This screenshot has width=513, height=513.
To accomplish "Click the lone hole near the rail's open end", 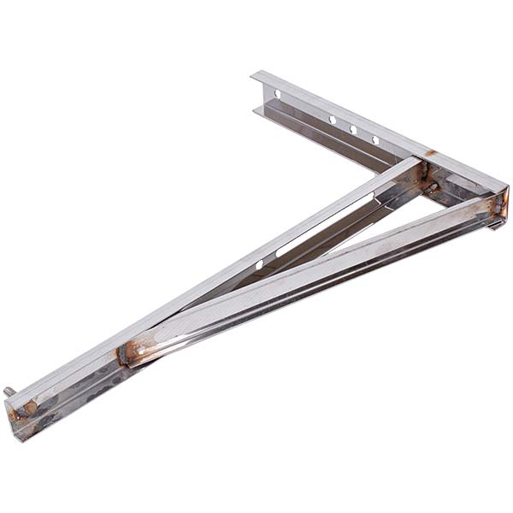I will tap(277, 93).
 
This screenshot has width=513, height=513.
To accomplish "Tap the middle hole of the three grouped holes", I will tap(353, 130).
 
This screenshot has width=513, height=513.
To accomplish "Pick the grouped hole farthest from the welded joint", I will tap(332, 120).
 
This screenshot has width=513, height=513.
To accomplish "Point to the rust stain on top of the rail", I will tap(430, 154).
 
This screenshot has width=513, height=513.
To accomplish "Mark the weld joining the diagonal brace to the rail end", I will tap(493, 205).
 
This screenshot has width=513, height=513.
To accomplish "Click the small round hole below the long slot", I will tap(258, 265).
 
